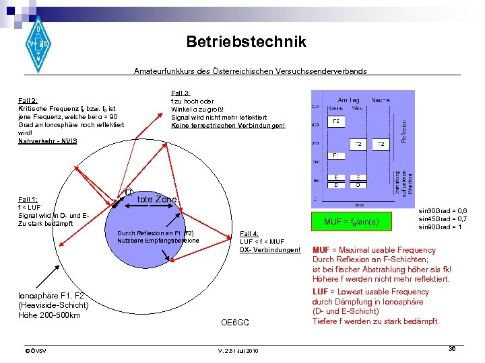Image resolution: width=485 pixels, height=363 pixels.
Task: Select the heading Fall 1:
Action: [28, 200]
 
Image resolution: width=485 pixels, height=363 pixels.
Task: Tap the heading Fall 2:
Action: [28, 101]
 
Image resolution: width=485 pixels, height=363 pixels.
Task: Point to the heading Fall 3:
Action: [181, 93]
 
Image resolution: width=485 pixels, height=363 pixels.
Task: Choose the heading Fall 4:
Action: [250, 234]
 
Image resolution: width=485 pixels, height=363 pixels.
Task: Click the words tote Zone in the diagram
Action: [156, 200]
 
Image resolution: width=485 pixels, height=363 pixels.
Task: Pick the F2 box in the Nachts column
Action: [381, 145]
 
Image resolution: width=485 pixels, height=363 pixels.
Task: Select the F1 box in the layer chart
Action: [336, 156]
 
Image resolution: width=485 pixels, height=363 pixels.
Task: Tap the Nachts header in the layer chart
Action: [381, 99]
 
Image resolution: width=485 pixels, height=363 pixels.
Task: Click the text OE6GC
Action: [235, 323]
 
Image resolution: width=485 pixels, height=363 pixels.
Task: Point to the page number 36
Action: [453, 349]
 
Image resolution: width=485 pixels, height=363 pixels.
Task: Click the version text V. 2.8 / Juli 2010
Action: [238, 351]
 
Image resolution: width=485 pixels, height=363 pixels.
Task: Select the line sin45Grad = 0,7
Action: [443, 218]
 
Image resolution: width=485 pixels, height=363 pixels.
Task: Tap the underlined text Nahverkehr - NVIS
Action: [48, 140]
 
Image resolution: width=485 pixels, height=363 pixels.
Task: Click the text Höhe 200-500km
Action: [49, 315]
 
